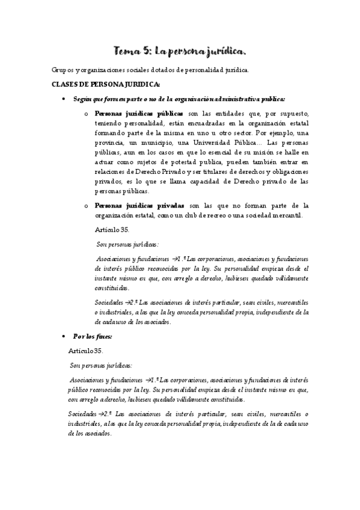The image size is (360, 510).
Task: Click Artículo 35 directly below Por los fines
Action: tap(87, 351)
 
